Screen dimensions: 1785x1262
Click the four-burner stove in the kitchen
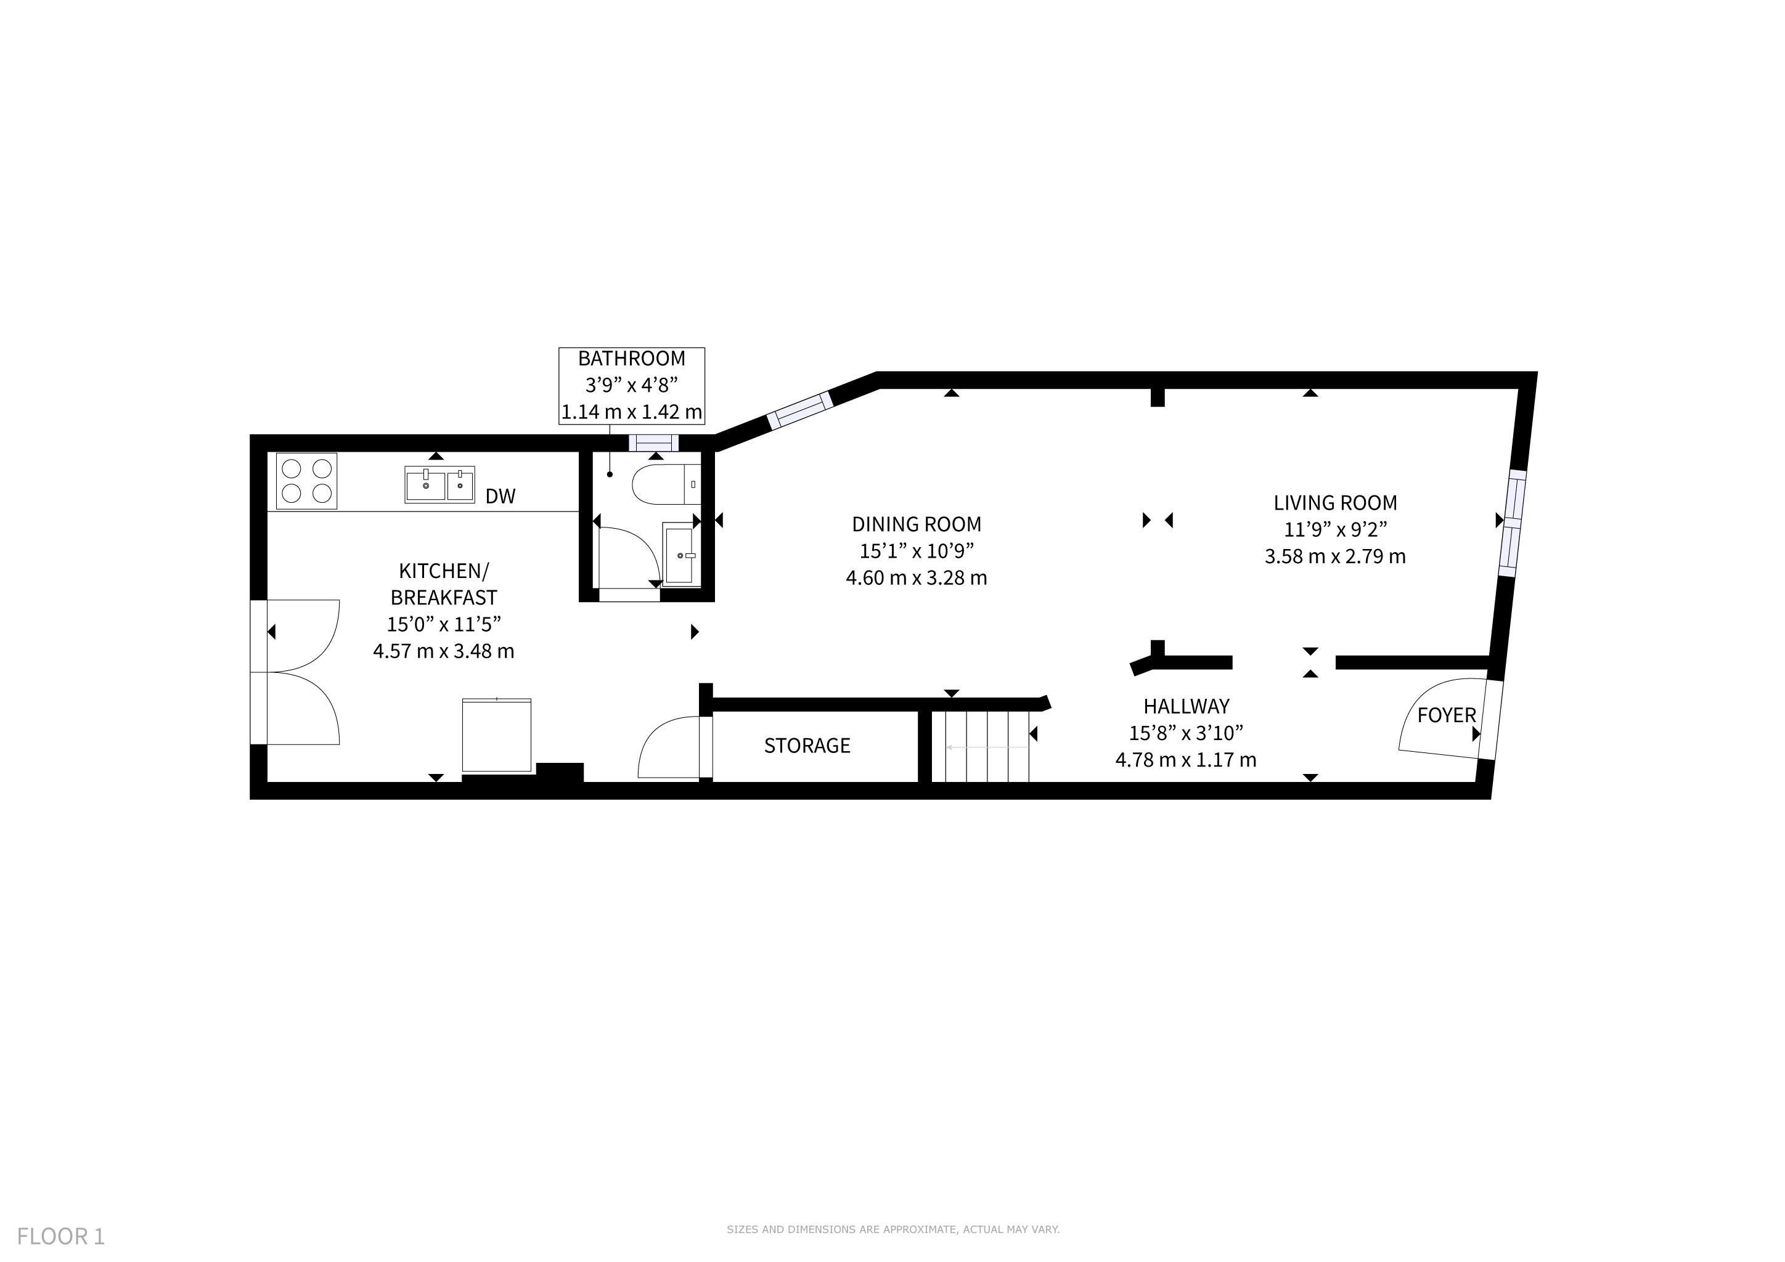point(306,481)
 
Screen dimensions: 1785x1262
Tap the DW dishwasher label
point(500,497)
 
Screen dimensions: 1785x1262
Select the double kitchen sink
point(439,484)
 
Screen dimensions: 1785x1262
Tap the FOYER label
point(1446,715)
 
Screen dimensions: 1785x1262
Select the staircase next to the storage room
point(981,746)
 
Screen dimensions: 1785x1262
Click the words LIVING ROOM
point(1335,503)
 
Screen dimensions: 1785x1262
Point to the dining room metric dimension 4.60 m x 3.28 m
point(917,578)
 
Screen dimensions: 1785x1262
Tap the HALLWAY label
point(1187,706)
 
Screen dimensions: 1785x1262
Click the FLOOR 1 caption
point(60,1236)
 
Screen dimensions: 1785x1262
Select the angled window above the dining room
point(799,411)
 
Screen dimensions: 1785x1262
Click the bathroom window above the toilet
point(654,443)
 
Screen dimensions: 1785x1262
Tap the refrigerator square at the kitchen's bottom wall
point(497,735)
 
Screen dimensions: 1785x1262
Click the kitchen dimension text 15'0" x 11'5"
point(444,624)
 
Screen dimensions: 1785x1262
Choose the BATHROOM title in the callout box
point(631,359)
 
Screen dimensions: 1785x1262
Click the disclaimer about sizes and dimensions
point(893,1229)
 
